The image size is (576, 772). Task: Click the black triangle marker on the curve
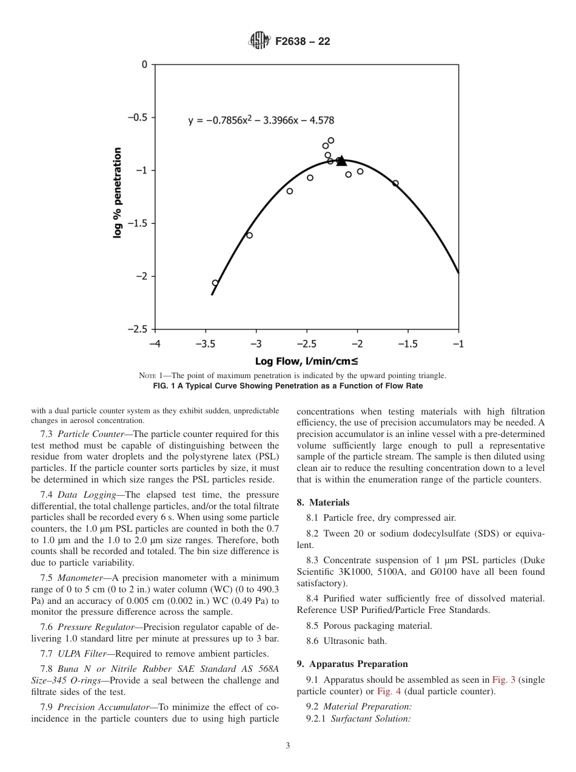point(341,161)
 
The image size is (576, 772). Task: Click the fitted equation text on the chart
point(261,120)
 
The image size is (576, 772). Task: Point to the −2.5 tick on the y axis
point(139,329)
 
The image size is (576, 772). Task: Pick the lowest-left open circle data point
point(215,283)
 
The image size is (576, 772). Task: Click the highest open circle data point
point(331,140)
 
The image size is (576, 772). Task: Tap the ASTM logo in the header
point(258,42)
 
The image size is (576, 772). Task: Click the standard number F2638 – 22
point(303,42)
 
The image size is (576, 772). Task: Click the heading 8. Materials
point(323,503)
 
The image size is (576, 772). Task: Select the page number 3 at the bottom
point(287,746)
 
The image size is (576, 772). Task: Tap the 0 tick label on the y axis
point(144,64)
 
